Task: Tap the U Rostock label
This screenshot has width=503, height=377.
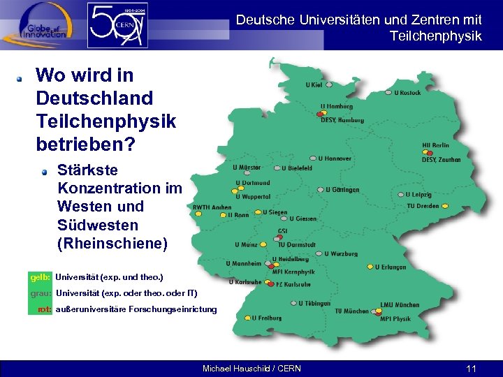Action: click(x=407, y=92)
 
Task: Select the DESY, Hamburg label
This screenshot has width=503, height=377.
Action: click(x=342, y=120)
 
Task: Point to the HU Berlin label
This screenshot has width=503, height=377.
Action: click(x=435, y=145)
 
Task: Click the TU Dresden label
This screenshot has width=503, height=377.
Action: click(x=423, y=206)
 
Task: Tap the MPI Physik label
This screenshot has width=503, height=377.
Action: click(x=395, y=319)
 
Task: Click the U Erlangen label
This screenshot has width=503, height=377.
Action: click(x=391, y=267)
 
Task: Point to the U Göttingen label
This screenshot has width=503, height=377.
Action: click(x=342, y=189)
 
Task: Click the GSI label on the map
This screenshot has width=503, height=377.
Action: click(x=283, y=231)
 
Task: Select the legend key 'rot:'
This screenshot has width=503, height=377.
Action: click(x=45, y=309)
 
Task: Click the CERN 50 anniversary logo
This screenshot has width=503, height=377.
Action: click(x=117, y=25)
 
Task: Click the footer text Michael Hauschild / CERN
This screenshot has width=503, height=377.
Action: click(x=251, y=368)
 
